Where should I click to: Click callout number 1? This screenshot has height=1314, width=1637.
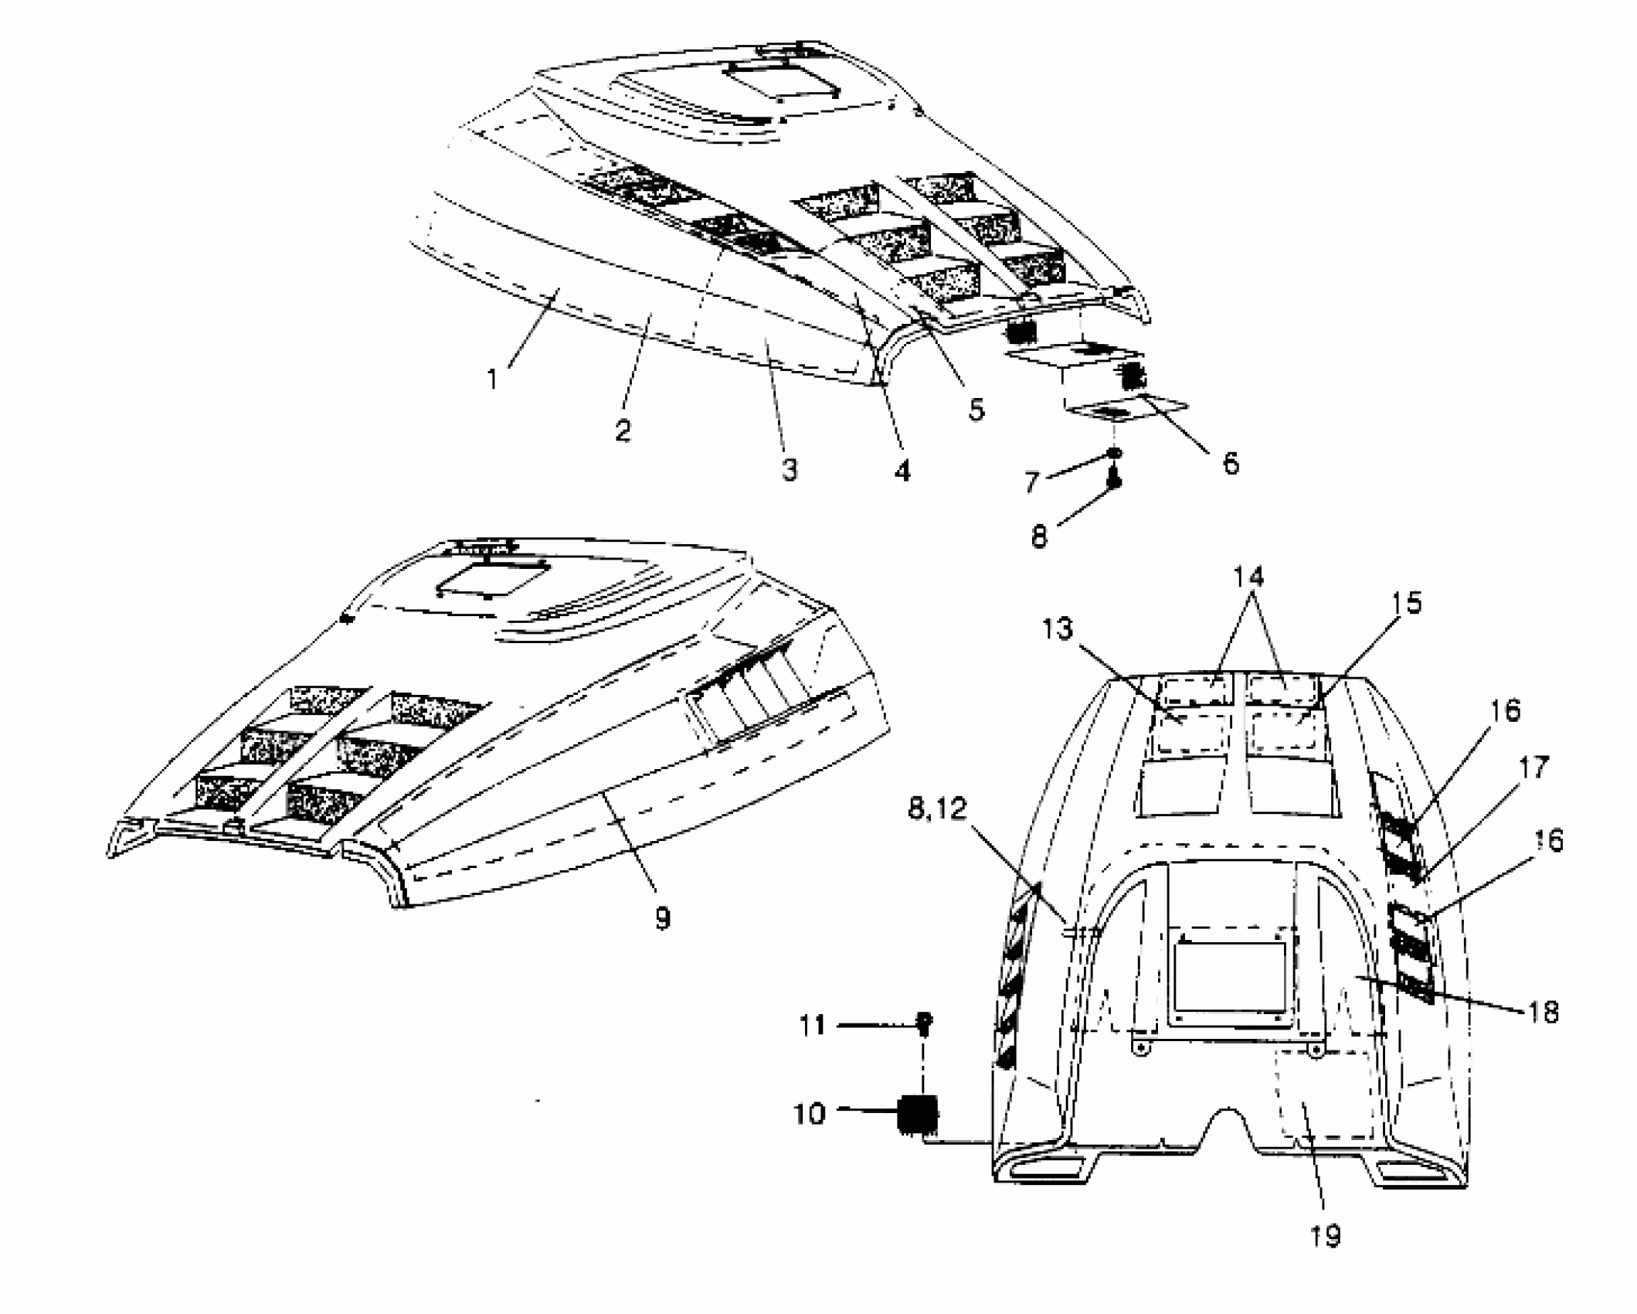(x=492, y=380)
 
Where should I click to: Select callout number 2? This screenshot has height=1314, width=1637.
(x=623, y=429)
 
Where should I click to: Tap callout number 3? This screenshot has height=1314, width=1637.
(x=788, y=469)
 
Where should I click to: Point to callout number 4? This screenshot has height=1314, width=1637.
(x=902, y=469)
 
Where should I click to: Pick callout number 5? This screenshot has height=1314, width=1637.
(x=976, y=409)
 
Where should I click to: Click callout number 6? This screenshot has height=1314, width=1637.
(x=1231, y=463)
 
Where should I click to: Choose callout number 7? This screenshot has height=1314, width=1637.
(x=1033, y=482)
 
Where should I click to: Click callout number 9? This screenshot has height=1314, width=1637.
(x=662, y=917)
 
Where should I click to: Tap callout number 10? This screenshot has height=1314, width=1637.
(x=810, y=1114)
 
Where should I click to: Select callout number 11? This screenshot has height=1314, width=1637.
(x=811, y=1026)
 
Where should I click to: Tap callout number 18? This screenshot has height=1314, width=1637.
(x=1544, y=1012)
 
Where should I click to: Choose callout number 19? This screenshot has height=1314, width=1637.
(x=1326, y=1236)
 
